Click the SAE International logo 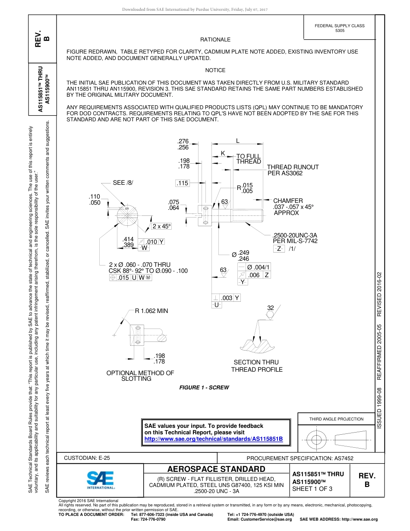click(x=100, y=479)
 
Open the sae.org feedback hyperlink click(x=213, y=439)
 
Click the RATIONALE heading click(x=215, y=39)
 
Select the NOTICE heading click(x=215, y=70)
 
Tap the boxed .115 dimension click(x=183, y=183)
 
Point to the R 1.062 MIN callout click(x=151, y=311)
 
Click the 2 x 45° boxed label click(x=161, y=227)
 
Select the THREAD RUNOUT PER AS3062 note click(x=293, y=170)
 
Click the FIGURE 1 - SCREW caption click(x=204, y=388)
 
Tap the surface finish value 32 click(x=271, y=308)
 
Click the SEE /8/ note click(x=123, y=183)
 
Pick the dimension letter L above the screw click(x=238, y=141)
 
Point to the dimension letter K click(x=223, y=153)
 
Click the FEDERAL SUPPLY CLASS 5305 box click(x=339, y=28)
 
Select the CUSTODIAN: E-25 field click(x=87, y=458)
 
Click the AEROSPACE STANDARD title click(x=216, y=469)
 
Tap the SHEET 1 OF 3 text click(x=312, y=489)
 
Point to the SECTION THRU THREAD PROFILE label click(x=256, y=366)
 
